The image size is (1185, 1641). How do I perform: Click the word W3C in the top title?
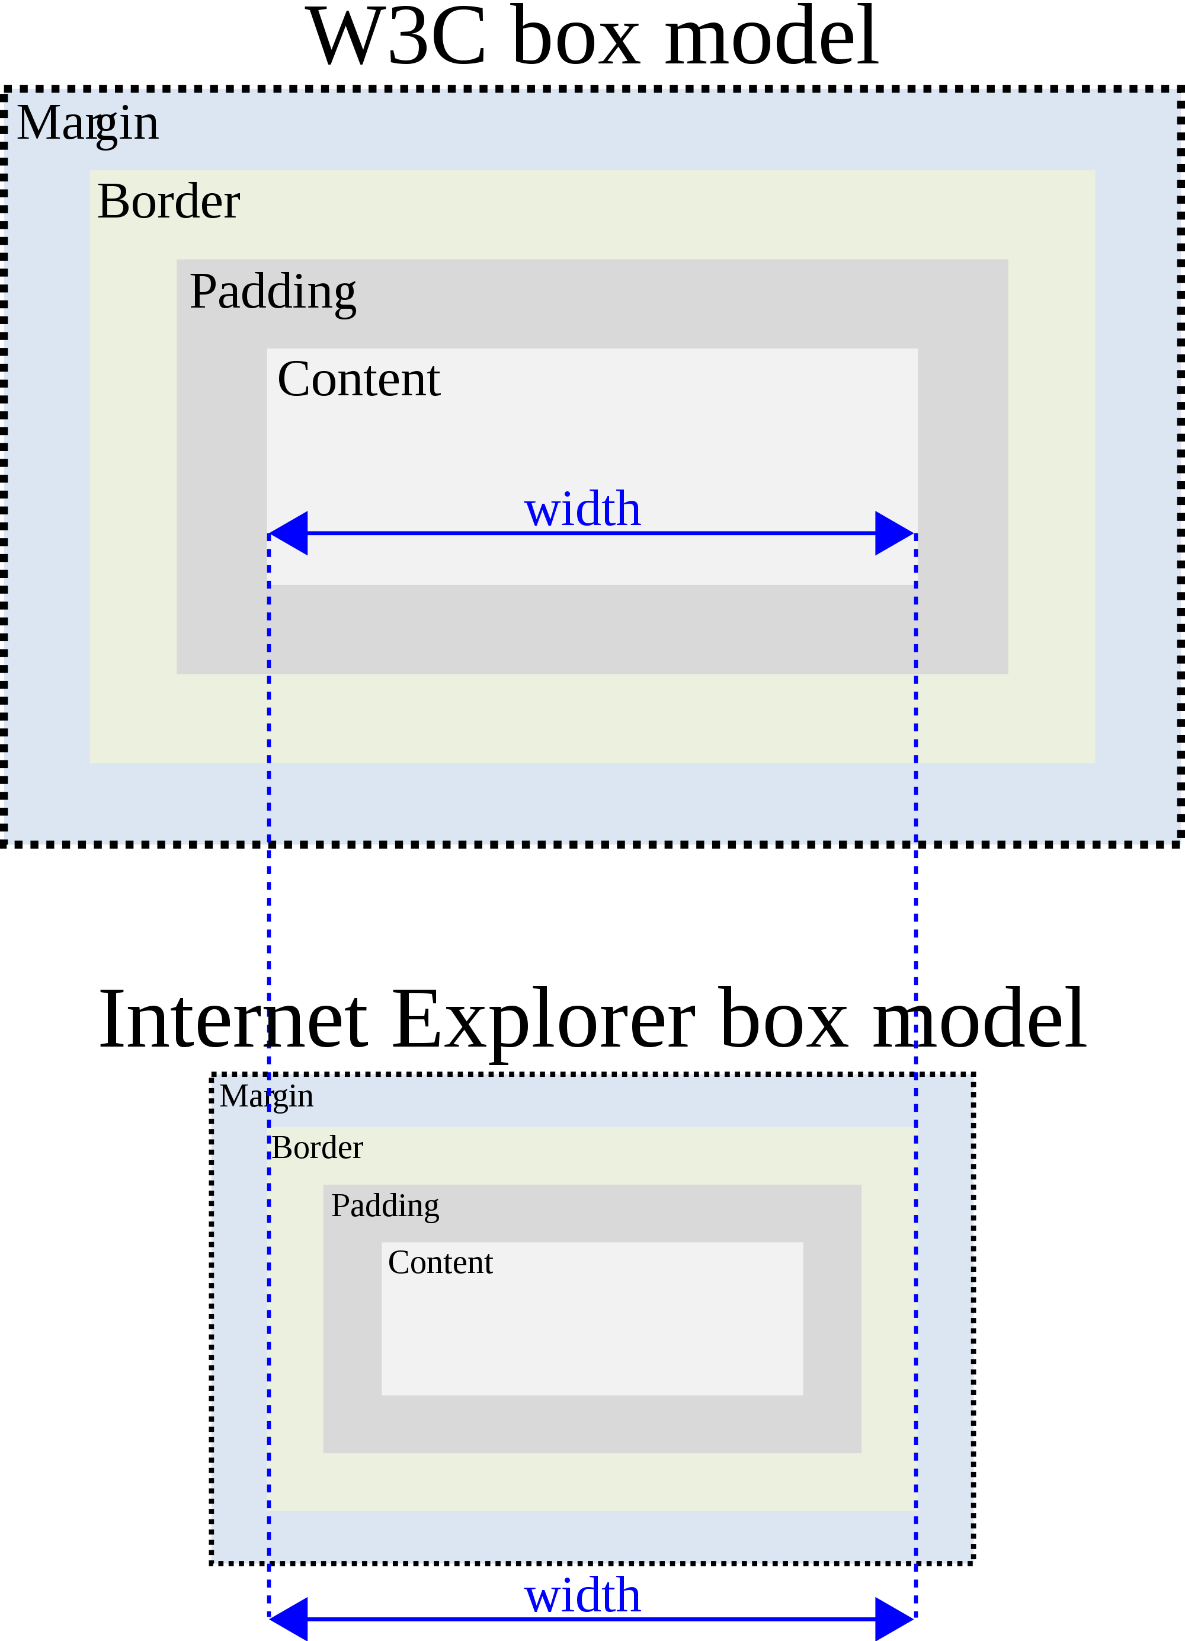tap(396, 36)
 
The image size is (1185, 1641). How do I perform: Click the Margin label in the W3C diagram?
tap(88, 123)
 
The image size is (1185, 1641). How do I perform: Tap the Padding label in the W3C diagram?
tap(273, 292)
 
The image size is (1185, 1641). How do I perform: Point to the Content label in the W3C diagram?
tap(359, 379)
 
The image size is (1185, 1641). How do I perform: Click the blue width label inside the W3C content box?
tap(582, 510)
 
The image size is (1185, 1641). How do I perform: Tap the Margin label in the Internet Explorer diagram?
tap(266, 1096)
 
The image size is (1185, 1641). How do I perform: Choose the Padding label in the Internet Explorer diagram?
tap(385, 1205)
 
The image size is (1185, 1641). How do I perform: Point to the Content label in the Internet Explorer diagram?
tap(440, 1262)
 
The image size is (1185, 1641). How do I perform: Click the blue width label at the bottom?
tap(582, 1595)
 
